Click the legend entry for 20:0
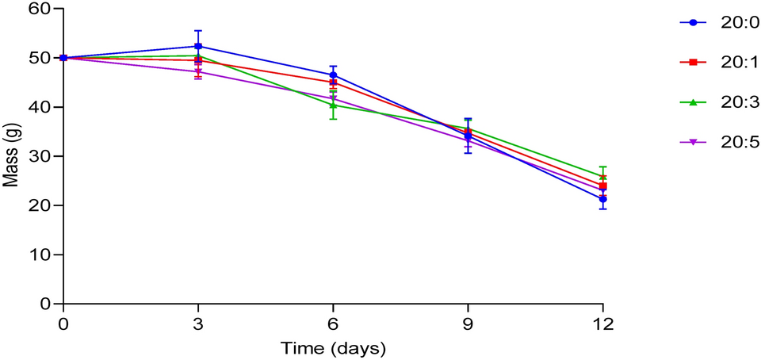720,22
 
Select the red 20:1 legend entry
720,62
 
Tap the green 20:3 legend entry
720,101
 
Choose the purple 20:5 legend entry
720,142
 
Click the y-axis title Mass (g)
10,157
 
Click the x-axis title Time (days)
333,348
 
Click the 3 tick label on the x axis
198,323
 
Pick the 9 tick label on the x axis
468,323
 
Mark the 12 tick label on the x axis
602,323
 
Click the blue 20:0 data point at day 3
198,46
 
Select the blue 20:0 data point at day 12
602,199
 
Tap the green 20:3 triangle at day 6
333,105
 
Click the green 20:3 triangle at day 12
602,177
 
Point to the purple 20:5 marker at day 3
198,72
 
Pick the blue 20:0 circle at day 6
333,75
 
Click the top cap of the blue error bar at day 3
198,31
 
